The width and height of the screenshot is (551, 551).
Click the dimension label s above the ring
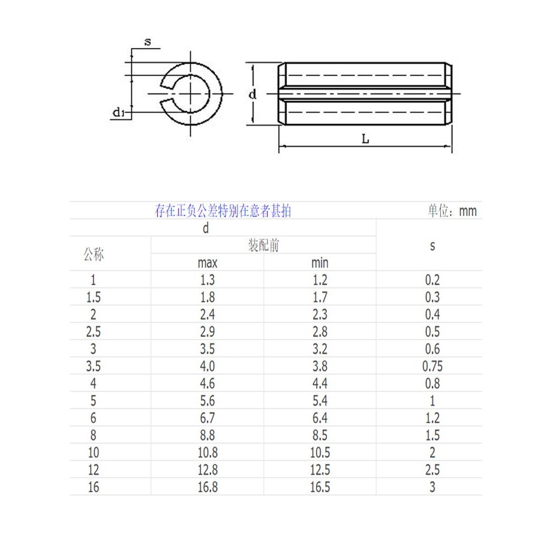pyautogui.click(x=148, y=42)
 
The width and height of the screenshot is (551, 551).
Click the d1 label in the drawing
pyautogui.click(x=120, y=113)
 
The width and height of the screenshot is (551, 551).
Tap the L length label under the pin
pyautogui.click(x=365, y=139)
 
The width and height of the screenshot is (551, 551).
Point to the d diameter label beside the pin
pyautogui.click(x=252, y=94)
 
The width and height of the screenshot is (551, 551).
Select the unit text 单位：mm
pyautogui.click(x=452, y=211)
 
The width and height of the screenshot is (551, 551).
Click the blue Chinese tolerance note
pyautogui.click(x=223, y=211)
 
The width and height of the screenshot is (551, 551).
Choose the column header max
pyautogui.click(x=207, y=263)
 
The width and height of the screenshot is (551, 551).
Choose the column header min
pyautogui.click(x=320, y=263)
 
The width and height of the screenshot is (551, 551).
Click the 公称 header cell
pyautogui.click(x=93, y=255)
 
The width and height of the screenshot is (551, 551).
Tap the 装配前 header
pyautogui.click(x=263, y=246)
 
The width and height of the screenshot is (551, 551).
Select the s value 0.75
pyautogui.click(x=432, y=366)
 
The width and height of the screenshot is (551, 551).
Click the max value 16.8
pyautogui.click(x=207, y=487)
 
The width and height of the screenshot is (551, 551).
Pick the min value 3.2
pyautogui.click(x=320, y=349)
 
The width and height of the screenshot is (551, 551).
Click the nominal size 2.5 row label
pyautogui.click(x=93, y=332)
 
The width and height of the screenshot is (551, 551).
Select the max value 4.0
pyautogui.click(x=207, y=366)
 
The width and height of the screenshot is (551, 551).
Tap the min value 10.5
pyautogui.click(x=320, y=452)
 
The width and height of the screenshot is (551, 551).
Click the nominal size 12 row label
pyautogui.click(x=93, y=470)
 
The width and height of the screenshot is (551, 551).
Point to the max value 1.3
pyautogui.click(x=207, y=280)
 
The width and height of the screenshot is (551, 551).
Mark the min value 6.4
pyautogui.click(x=320, y=418)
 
